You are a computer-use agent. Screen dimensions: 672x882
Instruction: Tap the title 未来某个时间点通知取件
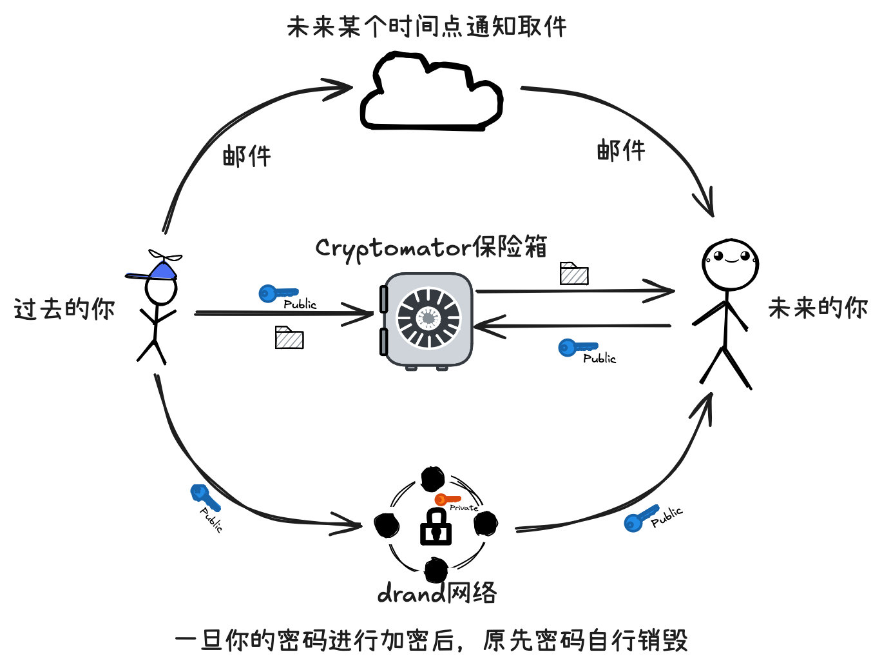coord(427,27)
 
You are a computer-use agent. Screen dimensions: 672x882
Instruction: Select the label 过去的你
coord(64,309)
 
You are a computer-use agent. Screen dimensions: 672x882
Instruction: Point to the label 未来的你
coord(818,308)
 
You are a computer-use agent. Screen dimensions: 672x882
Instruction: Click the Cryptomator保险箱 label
coord(431,248)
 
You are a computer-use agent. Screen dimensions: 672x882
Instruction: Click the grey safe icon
coord(428,321)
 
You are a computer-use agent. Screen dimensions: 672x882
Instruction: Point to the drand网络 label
coord(437,593)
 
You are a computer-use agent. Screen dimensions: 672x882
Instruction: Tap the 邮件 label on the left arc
coord(247,156)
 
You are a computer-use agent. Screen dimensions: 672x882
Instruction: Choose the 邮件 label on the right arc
coord(620,151)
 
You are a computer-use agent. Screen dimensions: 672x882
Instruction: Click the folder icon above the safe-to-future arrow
coord(573,273)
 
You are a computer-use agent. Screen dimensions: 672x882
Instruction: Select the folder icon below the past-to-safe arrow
coord(289,337)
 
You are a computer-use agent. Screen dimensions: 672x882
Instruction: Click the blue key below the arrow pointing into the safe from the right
coord(577,348)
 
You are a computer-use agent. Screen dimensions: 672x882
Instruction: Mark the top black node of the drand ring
coord(432,479)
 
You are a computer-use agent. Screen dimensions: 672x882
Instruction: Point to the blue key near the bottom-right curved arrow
coord(640,518)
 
